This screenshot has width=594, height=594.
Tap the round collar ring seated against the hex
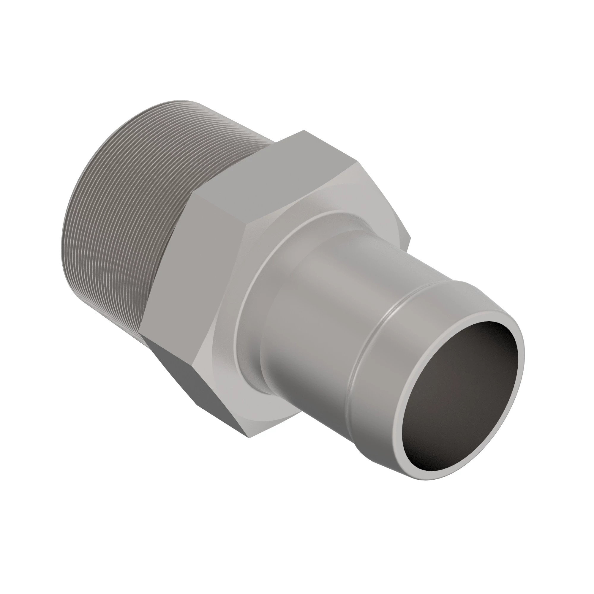tap(246, 307)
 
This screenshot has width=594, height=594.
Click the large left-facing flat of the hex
tap(197, 268)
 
